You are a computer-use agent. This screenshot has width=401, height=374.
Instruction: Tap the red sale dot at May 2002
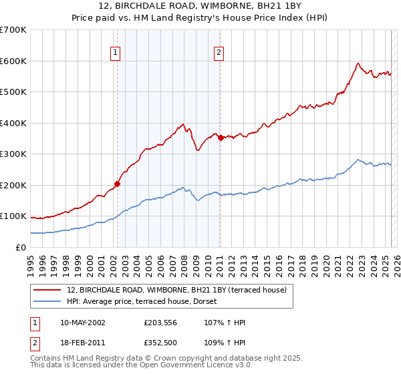point(117,184)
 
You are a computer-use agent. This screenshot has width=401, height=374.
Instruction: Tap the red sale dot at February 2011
point(221,138)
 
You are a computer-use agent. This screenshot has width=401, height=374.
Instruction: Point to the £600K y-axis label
point(13,61)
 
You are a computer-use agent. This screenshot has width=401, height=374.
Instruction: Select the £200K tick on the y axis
point(13,185)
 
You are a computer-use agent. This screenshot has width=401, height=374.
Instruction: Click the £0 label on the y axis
point(19,247)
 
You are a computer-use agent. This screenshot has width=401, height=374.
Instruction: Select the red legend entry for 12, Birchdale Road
point(176,290)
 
